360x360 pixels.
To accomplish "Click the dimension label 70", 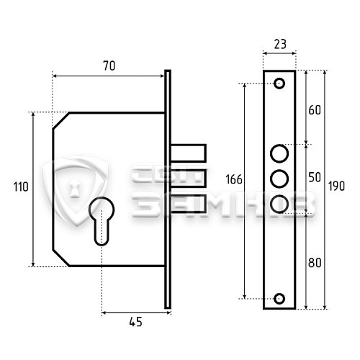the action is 109,66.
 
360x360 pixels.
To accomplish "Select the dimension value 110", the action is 21,186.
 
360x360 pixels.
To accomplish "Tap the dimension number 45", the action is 135,322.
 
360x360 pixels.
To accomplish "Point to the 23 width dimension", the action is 280,45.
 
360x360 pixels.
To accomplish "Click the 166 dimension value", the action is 234,179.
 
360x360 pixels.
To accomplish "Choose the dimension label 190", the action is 336,186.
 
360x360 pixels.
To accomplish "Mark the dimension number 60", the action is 315,110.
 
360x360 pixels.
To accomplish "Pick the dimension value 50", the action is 315,177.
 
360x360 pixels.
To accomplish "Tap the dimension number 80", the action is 315,263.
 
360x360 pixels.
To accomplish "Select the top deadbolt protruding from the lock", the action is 189,153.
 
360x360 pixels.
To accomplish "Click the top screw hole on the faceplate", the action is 279,84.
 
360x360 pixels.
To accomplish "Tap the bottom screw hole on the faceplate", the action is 279,299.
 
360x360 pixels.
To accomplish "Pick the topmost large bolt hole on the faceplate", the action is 279,153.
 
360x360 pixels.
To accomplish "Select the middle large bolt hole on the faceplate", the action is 279,179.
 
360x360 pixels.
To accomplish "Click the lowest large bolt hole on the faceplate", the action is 279,204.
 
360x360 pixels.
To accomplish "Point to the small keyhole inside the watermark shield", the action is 75,189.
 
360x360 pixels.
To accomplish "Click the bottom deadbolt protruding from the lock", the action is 189,204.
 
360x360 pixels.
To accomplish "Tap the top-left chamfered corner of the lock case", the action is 60,120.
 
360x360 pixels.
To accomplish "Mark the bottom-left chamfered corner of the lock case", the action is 60,258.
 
